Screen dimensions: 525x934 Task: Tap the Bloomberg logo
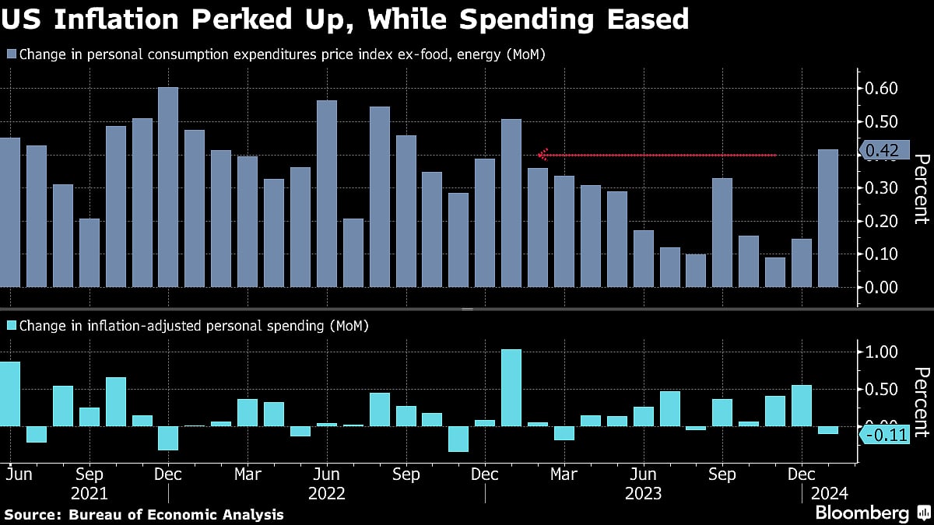click(x=862, y=513)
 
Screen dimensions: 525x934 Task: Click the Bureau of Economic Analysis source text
click(x=176, y=514)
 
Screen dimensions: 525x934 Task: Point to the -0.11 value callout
click(x=886, y=436)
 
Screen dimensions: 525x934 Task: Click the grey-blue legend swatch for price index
click(x=12, y=54)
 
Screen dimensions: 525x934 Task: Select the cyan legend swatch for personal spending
click(x=12, y=326)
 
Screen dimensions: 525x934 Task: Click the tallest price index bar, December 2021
click(x=168, y=187)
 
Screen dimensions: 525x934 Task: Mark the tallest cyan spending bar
click(x=511, y=387)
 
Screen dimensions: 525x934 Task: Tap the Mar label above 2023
click(x=564, y=474)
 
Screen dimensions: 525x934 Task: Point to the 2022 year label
click(x=327, y=493)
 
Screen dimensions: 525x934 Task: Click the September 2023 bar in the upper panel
click(x=722, y=233)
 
